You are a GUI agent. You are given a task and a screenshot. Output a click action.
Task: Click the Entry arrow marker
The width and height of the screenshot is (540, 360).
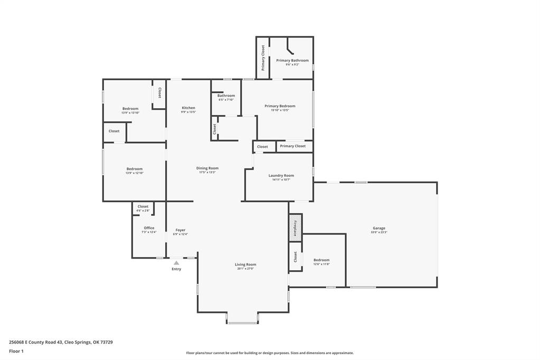(176, 263)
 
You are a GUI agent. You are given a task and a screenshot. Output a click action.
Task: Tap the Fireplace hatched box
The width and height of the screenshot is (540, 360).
(295, 227)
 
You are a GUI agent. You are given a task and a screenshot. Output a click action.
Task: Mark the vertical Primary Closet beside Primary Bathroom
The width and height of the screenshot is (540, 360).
(263, 58)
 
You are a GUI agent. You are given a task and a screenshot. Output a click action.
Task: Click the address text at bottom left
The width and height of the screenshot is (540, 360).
(61, 342)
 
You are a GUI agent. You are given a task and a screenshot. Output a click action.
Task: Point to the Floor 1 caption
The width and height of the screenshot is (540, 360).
(17, 351)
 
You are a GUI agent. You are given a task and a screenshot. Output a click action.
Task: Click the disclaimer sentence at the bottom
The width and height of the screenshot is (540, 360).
(270, 353)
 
